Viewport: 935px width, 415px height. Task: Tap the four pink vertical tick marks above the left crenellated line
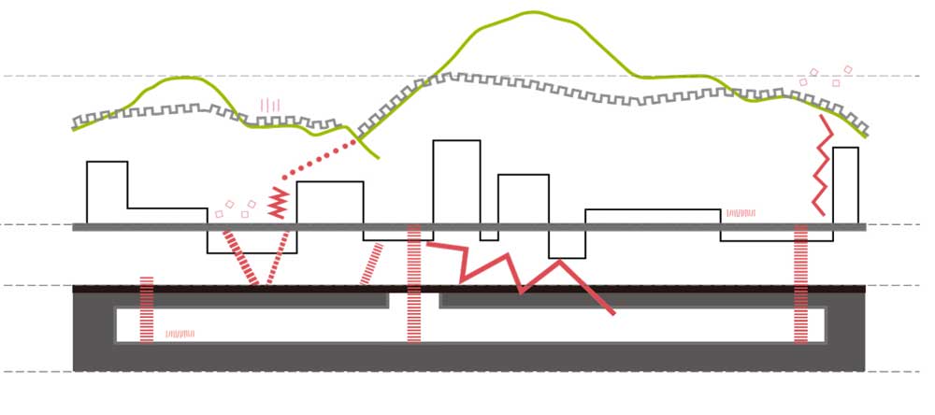(x=270, y=105)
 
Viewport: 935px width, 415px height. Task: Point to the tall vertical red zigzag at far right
(x=821, y=165)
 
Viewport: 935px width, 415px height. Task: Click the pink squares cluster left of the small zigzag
(x=234, y=208)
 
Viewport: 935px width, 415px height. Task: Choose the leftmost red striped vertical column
(x=146, y=309)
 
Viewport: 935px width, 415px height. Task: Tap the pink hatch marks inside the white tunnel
(x=180, y=333)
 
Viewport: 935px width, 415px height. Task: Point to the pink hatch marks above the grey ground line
(x=740, y=213)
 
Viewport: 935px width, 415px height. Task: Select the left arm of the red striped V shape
(x=238, y=257)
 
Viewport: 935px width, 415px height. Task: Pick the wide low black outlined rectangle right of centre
(x=653, y=217)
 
